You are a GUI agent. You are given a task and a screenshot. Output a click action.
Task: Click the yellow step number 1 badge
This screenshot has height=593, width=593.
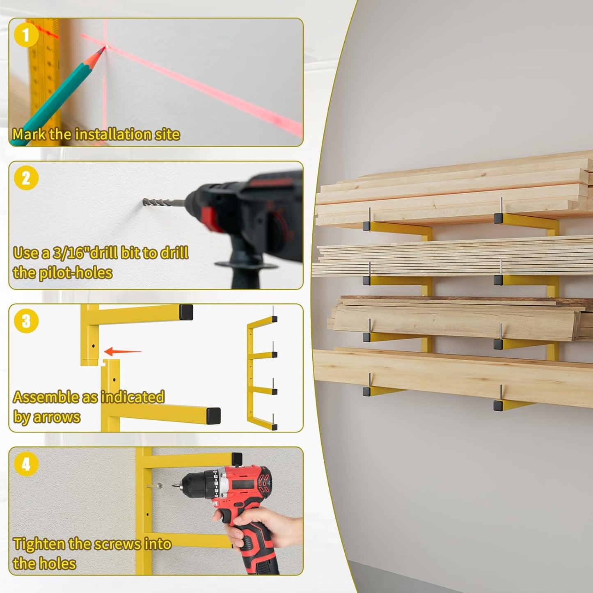tap(26, 35)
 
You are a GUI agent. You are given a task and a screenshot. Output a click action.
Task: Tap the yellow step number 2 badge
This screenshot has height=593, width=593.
tap(26, 178)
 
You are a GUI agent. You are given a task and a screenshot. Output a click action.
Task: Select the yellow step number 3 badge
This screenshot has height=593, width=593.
tap(26, 321)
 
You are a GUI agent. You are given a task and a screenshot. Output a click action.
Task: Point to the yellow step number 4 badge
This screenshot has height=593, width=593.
tap(26, 464)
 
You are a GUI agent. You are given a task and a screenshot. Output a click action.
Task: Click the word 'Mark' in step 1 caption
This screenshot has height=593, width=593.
tap(29, 135)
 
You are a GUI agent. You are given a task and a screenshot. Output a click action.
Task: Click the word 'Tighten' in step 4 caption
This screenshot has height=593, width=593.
tap(39, 544)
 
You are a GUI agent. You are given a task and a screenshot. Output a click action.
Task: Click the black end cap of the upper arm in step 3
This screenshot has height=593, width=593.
tap(186, 312)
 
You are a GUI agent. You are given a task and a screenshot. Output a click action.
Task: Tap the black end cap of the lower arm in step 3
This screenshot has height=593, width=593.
tap(213, 416)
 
